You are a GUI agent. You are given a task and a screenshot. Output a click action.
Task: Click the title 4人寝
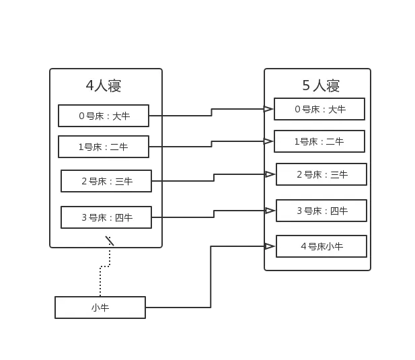pos(103,85)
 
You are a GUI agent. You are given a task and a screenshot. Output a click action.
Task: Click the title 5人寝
pos(321,85)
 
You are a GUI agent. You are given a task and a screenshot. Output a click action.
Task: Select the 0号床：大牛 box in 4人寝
pos(104,116)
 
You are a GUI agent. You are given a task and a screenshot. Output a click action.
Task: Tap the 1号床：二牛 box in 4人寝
pos(104,147)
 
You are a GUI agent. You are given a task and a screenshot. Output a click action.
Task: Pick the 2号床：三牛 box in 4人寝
pos(106,181)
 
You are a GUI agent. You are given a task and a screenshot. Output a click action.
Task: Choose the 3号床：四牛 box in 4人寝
pos(106,217)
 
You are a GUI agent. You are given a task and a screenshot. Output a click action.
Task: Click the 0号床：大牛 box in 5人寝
pos(319,109)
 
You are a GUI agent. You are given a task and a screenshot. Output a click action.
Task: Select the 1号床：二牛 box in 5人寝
pos(319,141)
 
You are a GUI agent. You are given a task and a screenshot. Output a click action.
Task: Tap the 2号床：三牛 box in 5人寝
pos(322,174)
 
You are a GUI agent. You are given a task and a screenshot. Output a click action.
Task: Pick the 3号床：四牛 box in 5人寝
pos(322,211)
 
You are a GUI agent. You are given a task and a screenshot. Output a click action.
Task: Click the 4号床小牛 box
pos(322,246)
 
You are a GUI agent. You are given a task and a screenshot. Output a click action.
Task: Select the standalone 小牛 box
pos(100,308)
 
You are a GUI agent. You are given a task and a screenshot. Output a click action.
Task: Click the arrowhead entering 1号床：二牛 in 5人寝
pos(268,141)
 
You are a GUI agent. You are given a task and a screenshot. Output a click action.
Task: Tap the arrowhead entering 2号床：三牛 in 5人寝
pos(270,174)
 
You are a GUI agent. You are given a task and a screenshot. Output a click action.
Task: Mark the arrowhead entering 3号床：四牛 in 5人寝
pos(270,211)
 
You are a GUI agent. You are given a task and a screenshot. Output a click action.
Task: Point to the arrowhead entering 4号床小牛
pos(270,246)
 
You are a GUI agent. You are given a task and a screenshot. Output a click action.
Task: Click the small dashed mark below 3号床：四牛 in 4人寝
pos(110,240)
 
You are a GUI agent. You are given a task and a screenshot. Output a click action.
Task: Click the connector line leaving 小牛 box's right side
pos(182,310)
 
